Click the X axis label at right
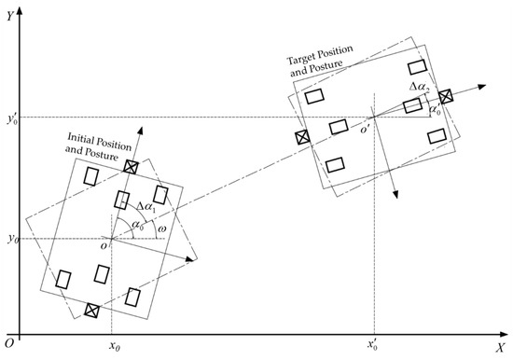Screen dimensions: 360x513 [500, 346]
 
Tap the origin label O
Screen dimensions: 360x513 [7, 344]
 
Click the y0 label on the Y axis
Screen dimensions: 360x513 [11, 240]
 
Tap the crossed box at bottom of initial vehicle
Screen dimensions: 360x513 [91, 310]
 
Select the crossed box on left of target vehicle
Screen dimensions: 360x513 [302, 137]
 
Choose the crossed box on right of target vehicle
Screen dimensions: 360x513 [446, 96]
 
